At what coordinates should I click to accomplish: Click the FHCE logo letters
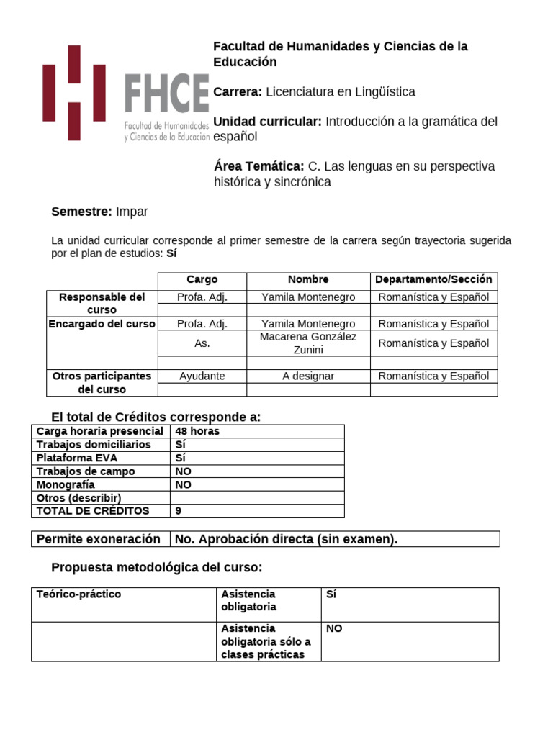tap(167, 94)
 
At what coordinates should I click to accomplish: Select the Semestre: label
tap(81, 212)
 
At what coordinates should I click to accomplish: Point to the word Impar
tap(132, 212)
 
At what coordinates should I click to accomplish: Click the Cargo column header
tap(202, 280)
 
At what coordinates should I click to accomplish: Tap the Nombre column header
tap(308, 280)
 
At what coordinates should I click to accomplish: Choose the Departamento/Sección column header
tap(433, 280)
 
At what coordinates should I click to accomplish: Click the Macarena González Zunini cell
tap(308, 343)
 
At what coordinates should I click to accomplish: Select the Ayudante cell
tap(202, 376)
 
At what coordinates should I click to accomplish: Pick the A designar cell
tap(308, 376)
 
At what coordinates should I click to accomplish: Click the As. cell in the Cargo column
tap(202, 344)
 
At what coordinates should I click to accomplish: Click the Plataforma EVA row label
tap(77, 458)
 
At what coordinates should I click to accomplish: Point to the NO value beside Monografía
tap(183, 485)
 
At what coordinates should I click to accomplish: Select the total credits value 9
tap(179, 511)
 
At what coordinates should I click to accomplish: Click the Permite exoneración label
tap(98, 539)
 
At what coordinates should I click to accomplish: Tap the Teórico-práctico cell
tap(78, 594)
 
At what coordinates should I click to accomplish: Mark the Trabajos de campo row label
tap(86, 471)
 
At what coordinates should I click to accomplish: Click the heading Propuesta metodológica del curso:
tap(157, 568)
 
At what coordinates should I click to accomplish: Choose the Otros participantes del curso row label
tap(102, 383)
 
